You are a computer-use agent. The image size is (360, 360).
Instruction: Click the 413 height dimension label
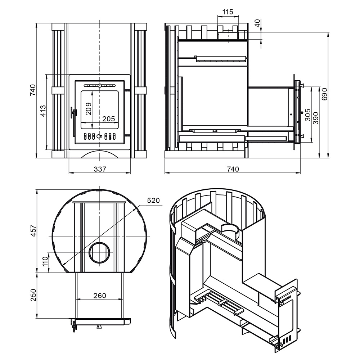click(x=43, y=111)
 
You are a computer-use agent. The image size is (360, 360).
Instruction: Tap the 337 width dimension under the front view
click(x=100, y=169)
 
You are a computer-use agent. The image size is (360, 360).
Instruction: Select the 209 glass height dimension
click(x=89, y=109)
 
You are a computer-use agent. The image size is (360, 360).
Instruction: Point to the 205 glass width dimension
click(x=109, y=119)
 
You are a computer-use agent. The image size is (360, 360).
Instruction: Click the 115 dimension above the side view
click(x=228, y=12)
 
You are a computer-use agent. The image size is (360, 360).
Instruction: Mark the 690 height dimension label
click(x=324, y=94)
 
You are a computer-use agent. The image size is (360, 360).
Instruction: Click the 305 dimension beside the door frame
click(x=307, y=115)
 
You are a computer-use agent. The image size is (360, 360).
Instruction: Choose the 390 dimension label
click(x=316, y=118)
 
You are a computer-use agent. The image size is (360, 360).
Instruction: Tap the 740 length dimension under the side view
click(x=233, y=169)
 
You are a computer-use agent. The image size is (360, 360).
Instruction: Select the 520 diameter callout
click(x=153, y=201)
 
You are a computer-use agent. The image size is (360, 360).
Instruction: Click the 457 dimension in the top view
click(x=33, y=231)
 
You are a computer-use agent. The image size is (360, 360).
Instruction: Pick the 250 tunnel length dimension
click(x=33, y=295)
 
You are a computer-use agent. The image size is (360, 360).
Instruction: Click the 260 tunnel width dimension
click(x=100, y=296)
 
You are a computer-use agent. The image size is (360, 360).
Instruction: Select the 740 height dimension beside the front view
click(x=33, y=90)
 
